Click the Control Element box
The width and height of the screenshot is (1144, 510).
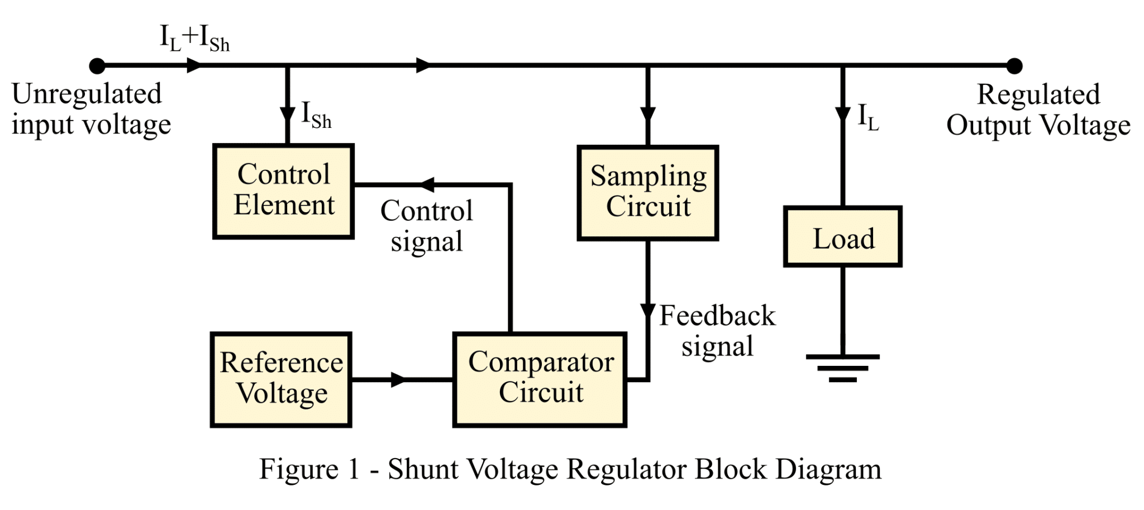coord(283,191)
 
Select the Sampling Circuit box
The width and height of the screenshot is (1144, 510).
coord(647,193)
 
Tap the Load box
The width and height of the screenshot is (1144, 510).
coord(842,237)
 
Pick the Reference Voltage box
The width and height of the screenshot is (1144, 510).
coord(281,380)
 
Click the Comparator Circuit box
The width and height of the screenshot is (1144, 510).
coord(540,380)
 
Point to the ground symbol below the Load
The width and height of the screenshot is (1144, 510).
coord(842,368)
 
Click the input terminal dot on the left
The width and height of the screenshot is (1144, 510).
coord(97,66)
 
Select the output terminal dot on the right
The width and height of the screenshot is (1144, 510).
coord(1014,66)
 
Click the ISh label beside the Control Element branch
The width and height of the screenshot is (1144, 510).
coord(316,116)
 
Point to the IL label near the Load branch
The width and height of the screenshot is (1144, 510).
coord(868,118)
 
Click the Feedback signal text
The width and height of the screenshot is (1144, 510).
coord(717,331)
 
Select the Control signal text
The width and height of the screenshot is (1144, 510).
coord(427,226)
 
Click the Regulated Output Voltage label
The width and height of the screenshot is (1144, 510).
coord(1038,110)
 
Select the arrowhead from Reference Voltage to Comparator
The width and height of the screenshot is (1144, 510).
coord(398,380)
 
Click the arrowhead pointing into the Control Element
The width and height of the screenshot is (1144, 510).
coord(427,184)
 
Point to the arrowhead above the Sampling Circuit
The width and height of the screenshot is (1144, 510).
coord(647,114)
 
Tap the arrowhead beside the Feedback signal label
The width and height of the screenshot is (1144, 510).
coord(647,312)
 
